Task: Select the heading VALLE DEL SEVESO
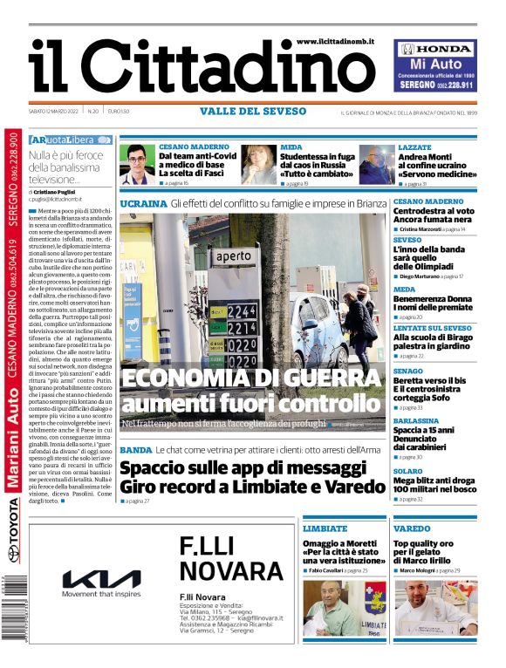(x=253, y=112)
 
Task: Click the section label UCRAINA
(x=143, y=203)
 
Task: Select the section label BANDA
(x=135, y=450)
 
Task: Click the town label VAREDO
(x=412, y=528)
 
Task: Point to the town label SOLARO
(x=408, y=471)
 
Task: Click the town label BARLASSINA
(x=416, y=420)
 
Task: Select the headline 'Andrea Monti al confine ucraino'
(x=437, y=165)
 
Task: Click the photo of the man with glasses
(x=137, y=163)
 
